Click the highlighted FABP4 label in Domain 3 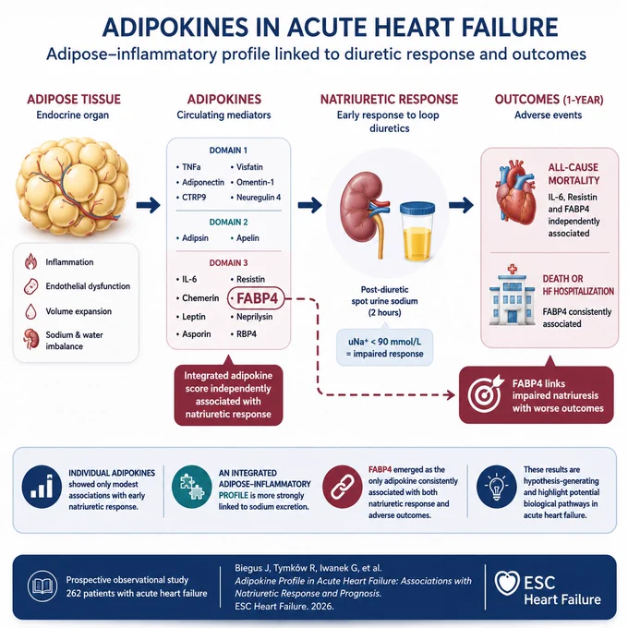pos(256,298)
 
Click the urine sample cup pos(417,231)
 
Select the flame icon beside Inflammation pos(30,261)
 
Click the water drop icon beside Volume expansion pos(30,311)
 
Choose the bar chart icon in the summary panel pos(42,487)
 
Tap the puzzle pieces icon pos(192,487)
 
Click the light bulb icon pos(496,487)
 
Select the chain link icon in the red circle pos(343,487)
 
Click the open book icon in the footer pos(42,586)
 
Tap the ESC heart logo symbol pos(507,583)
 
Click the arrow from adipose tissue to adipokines pos(148,205)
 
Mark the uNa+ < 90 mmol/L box pos(385,347)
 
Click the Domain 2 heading pos(228,223)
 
